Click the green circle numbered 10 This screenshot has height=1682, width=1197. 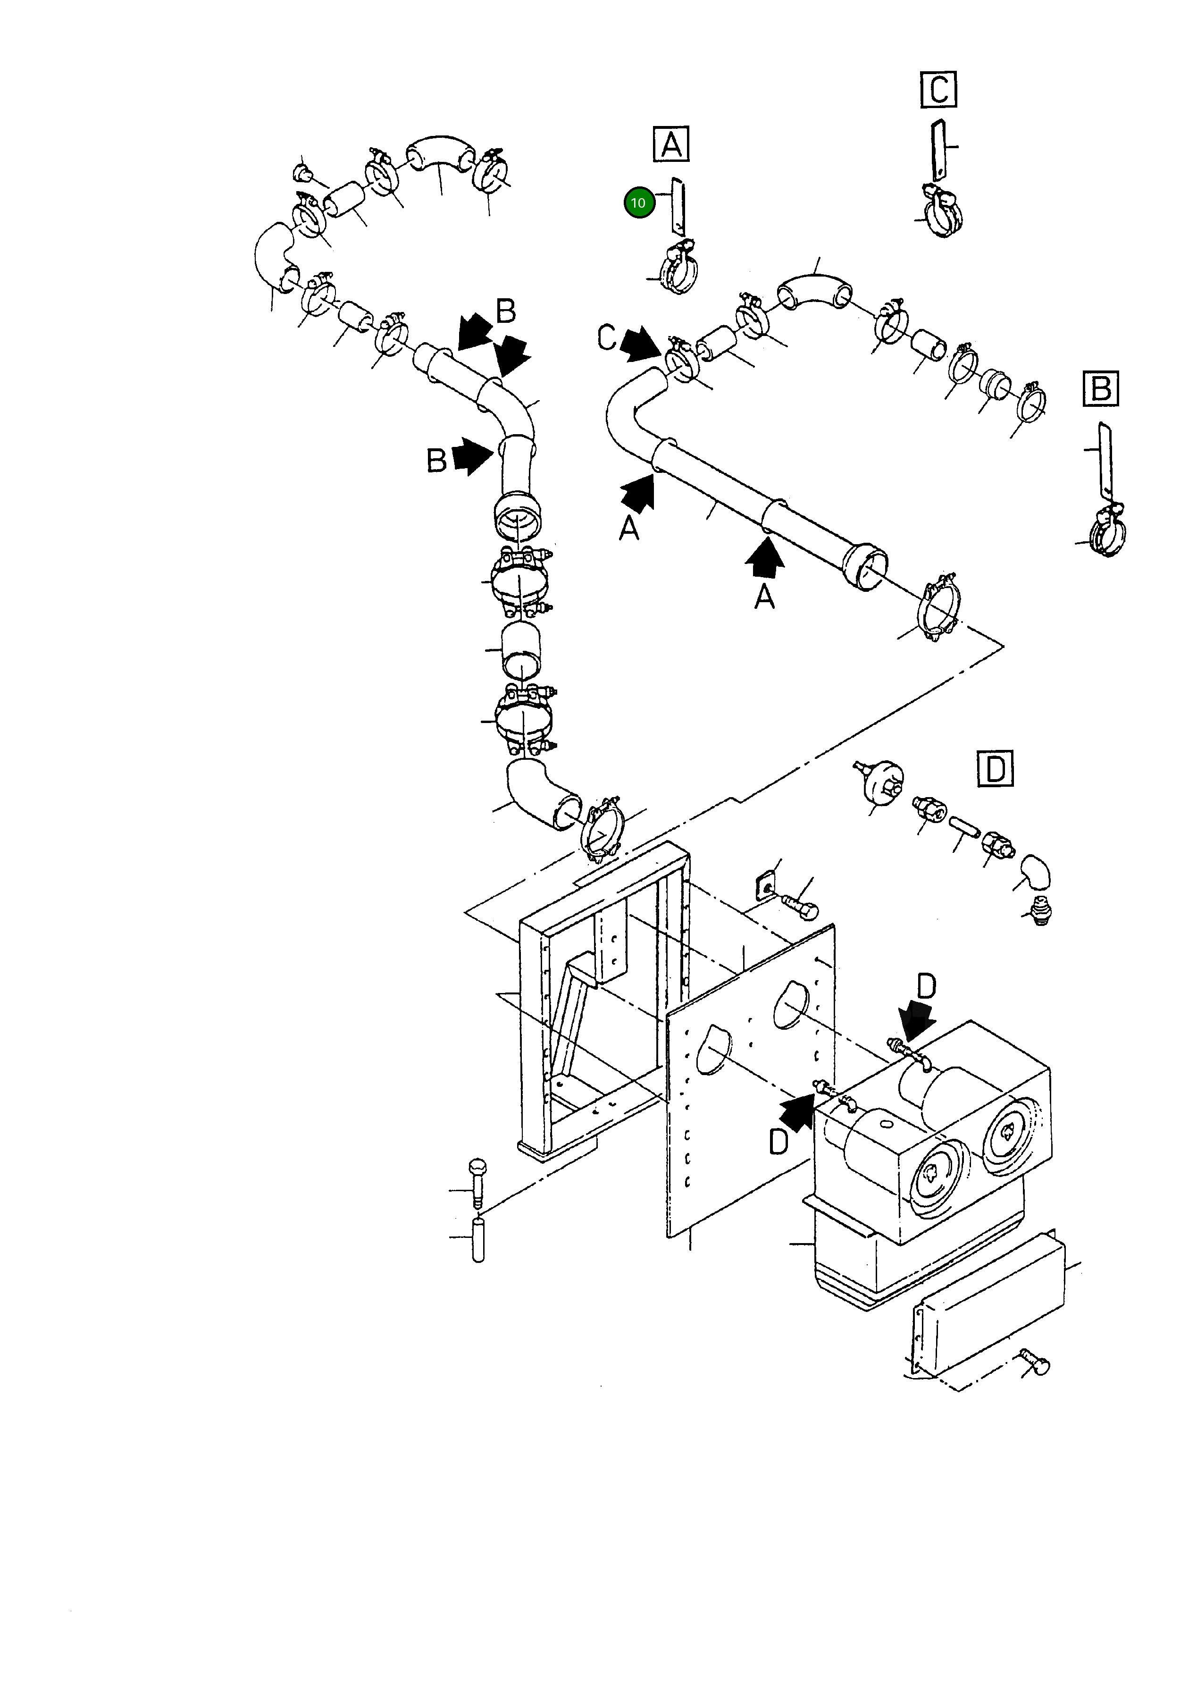point(638,202)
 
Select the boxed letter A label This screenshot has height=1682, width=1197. point(671,144)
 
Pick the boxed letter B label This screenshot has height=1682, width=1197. point(1100,388)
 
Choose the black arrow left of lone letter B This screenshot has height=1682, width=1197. point(472,457)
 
